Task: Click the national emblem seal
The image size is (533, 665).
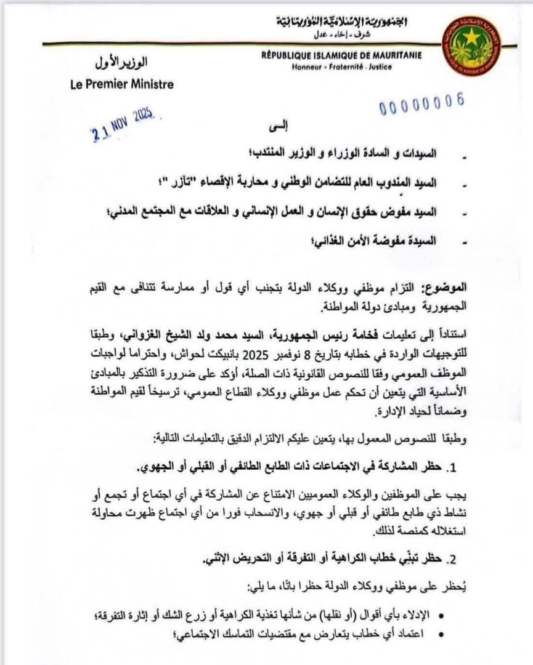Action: click(x=471, y=46)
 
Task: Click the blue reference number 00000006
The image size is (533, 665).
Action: click(x=421, y=105)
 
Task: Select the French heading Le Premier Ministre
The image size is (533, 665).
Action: click(x=122, y=84)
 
